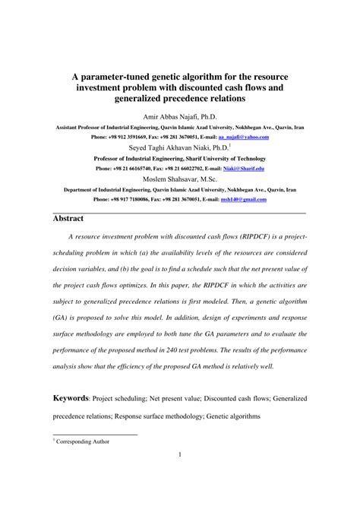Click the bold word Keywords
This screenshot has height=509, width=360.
(x=70, y=398)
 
